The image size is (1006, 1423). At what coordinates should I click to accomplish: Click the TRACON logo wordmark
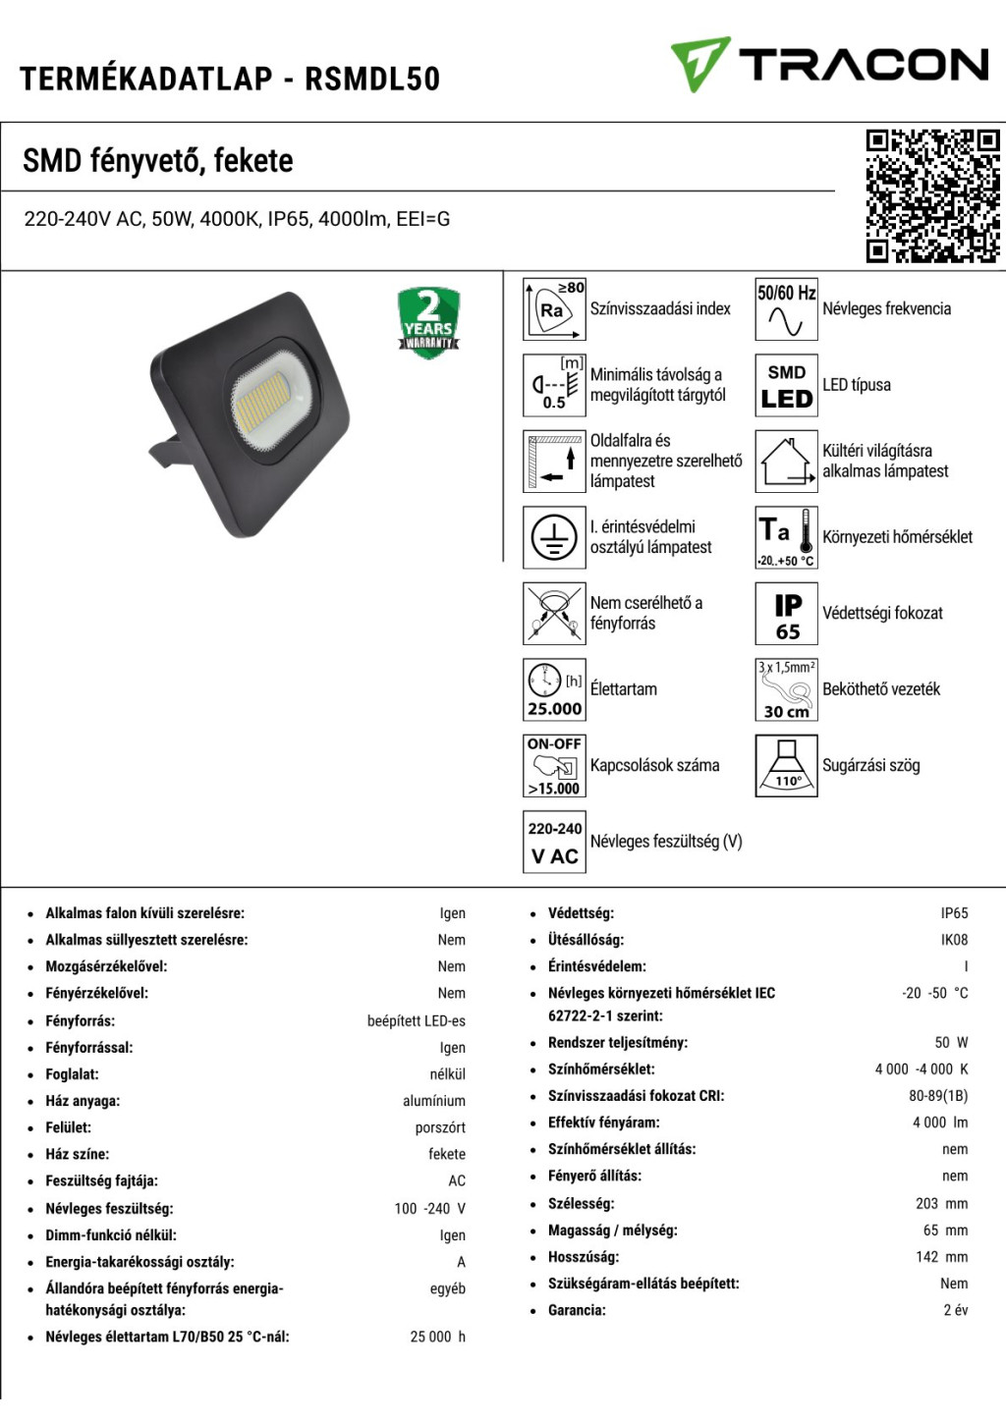coord(863,65)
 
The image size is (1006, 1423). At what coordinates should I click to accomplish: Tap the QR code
coord(932,196)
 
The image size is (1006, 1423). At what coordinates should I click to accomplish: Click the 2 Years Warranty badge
coord(428,323)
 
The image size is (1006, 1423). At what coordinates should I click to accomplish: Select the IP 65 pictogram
coord(787,614)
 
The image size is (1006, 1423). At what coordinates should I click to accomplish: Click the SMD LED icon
coord(787,386)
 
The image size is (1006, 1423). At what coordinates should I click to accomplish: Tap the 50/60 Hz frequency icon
coord(787,309)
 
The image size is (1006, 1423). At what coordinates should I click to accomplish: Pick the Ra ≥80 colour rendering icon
coord(554,309)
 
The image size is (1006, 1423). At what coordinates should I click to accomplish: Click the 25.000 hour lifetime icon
coord(554,689)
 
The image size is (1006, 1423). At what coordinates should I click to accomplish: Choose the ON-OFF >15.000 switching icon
coord(554,766)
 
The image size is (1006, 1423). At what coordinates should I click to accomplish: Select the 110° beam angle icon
coord(787,766)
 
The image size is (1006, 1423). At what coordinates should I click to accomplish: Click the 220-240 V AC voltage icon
coord(554,842)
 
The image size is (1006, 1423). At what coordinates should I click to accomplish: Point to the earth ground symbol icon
coord(554,538)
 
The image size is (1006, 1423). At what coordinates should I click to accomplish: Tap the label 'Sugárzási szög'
coord(871,766)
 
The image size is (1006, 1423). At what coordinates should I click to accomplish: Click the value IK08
coord(954,940)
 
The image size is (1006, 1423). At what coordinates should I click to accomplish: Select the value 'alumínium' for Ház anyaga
coord(434,1101)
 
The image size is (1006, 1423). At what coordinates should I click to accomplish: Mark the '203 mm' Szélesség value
coord(941,1203)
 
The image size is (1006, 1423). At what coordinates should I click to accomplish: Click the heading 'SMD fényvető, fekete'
coord(158,160)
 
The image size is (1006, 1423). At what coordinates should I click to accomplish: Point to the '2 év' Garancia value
coord(956,1310)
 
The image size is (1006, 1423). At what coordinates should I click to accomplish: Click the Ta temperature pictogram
coord(787,538)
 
